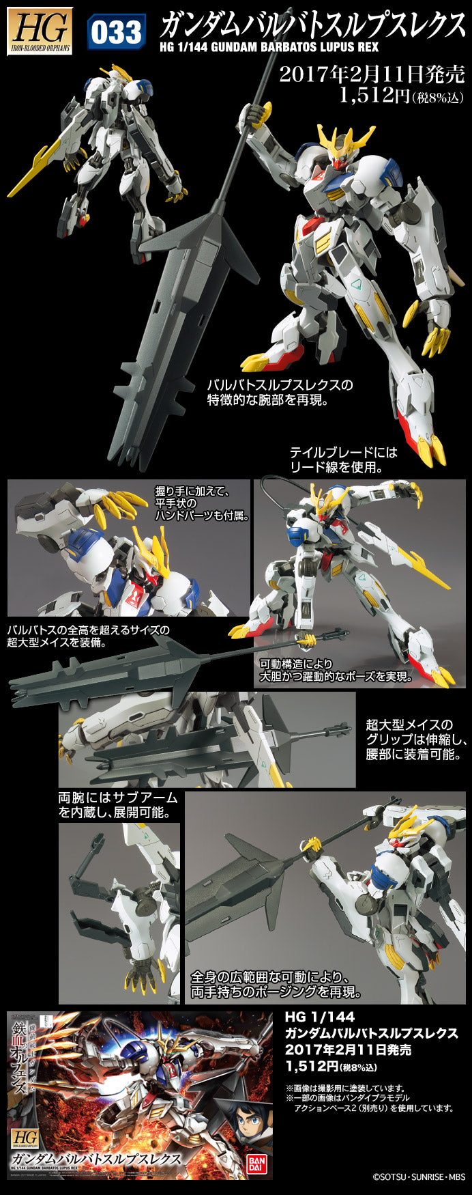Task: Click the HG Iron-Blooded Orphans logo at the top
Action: [x=40, y=31]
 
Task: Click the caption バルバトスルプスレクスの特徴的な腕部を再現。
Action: [x=280, y=392]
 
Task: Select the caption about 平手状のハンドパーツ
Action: [x=201, y=503]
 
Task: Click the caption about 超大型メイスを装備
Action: [x=89, y=636]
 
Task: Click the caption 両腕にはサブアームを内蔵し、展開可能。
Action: [x=117, y=805]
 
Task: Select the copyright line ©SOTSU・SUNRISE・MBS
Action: [x=418, y=1177]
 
